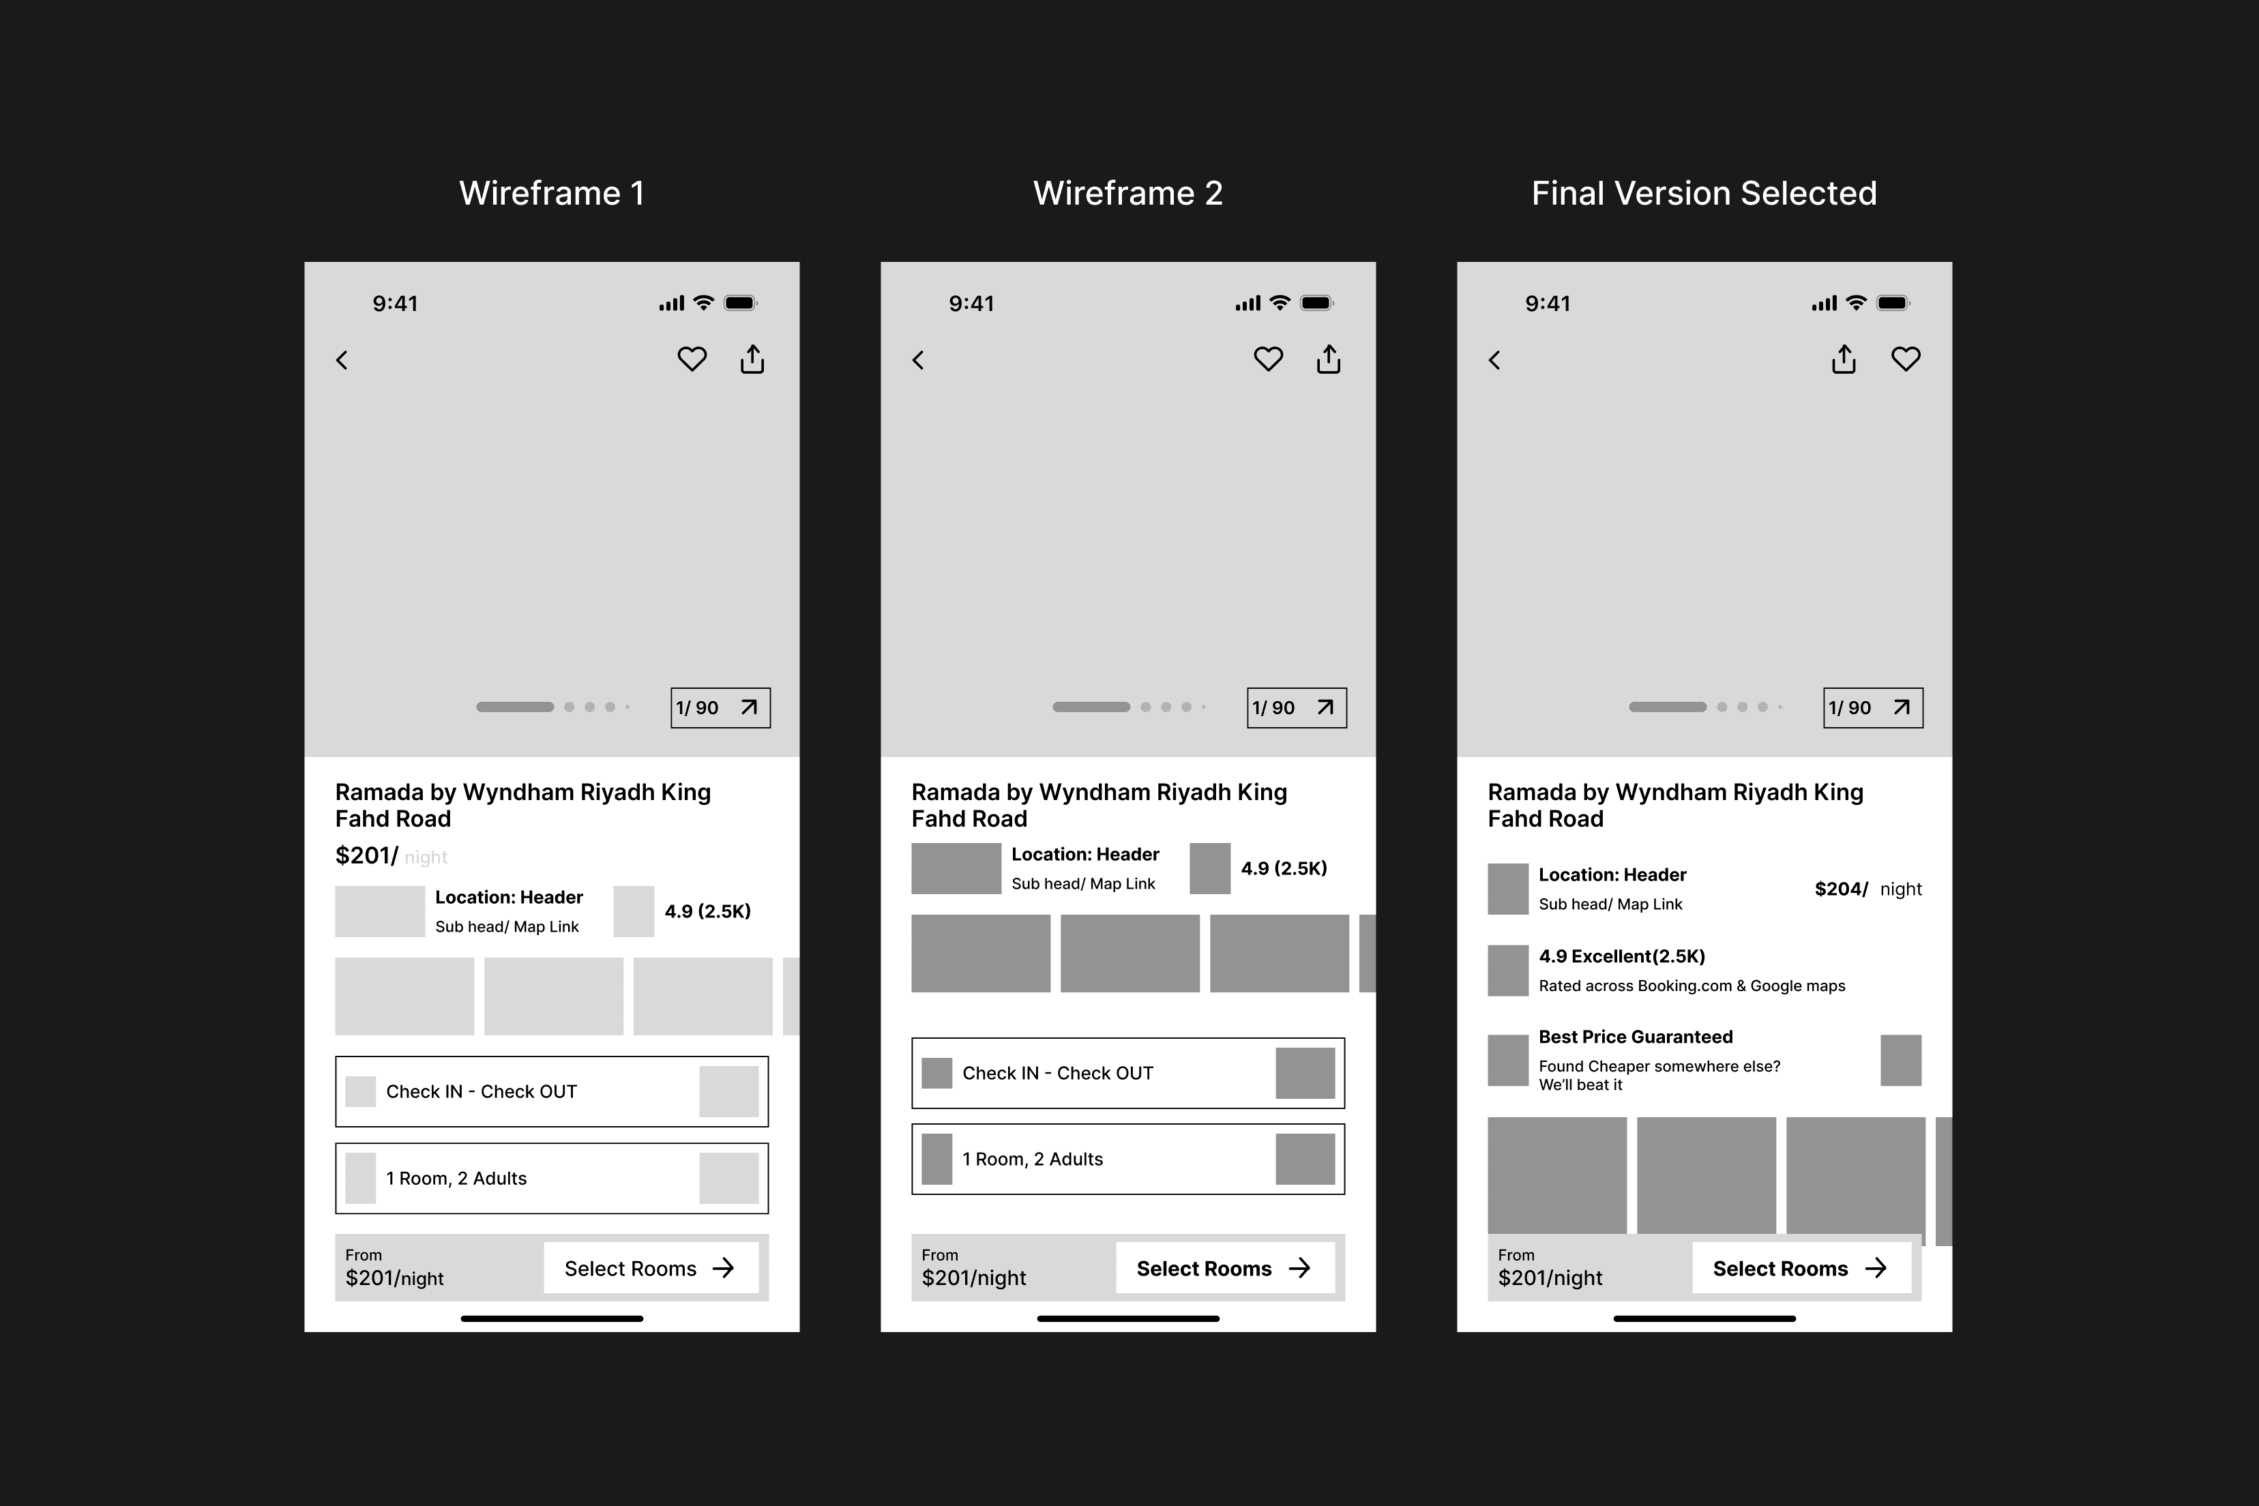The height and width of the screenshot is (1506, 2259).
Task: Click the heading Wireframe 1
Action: (x=551, y=193)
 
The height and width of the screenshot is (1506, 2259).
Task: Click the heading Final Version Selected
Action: (x=1704, y=193)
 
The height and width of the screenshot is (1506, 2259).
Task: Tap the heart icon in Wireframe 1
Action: (x=692, y=359)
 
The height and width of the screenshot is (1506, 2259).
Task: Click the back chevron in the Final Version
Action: (x=1494, y=360)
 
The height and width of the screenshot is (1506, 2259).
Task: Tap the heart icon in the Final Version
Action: (x=1906, y=359)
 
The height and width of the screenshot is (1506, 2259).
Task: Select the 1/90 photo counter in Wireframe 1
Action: (x=720, y=708)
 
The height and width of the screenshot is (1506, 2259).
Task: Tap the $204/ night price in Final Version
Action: (x=1868, y=889)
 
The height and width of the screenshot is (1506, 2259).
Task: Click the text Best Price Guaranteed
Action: (x=1636, y=1037)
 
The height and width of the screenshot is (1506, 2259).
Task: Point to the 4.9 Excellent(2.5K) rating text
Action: (x=1622, y=957)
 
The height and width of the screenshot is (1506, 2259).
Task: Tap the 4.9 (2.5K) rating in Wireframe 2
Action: (x=1284, y=868)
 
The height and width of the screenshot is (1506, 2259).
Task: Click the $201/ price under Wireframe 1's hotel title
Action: (x=366, y=856)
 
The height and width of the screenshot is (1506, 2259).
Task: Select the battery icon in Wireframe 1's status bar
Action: (x=741, y=304)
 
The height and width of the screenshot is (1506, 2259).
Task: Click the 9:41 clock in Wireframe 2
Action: (x=971, y=304)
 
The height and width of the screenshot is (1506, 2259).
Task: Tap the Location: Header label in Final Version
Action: (x=1612, y=875)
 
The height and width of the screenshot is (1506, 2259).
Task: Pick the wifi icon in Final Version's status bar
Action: (x=1857, y=303)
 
